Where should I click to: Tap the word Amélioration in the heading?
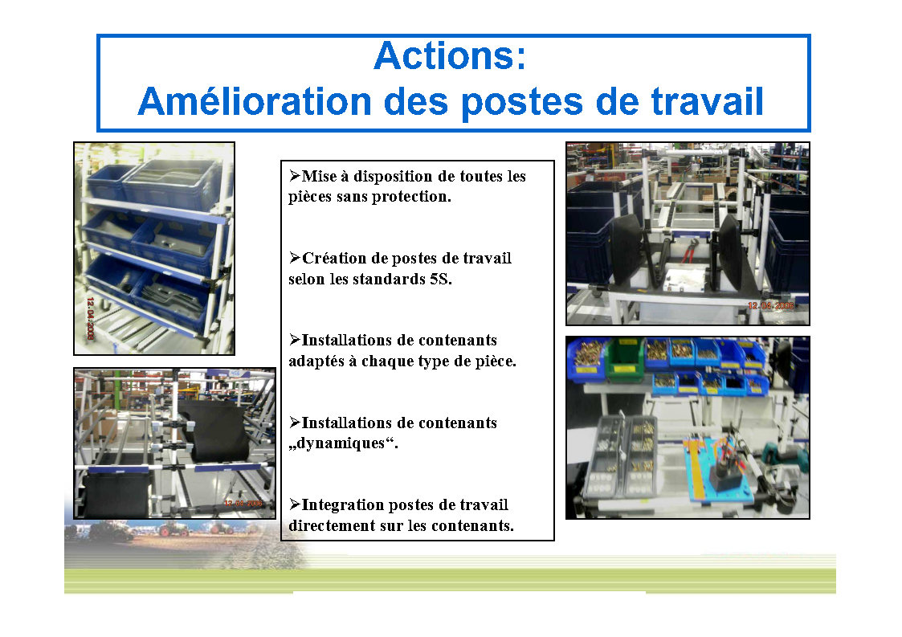click(x=255, y=101)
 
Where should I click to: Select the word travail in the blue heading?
click(x=707, y=101)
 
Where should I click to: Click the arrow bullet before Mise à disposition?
click(x=295, y=175)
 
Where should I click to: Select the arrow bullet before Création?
click(x=295, y=258)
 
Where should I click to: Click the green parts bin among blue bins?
click(x=626, y=360)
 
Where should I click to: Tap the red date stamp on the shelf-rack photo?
click(x=90, y=318)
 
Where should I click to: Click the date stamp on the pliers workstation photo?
click(x=770, y=305)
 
